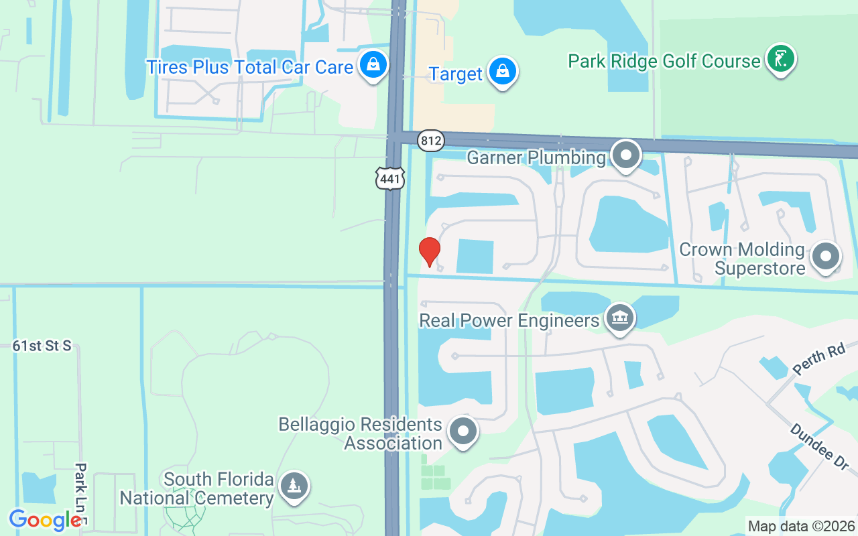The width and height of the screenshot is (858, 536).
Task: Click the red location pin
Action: (x=429, y=251)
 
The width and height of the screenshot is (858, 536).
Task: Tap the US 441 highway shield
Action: (x=389, y=178)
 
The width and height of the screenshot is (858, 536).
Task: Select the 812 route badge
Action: (x=430, y=141)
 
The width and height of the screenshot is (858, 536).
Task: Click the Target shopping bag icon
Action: (x=501, y=70)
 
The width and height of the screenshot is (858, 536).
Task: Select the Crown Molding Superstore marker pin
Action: (x=825, y=256)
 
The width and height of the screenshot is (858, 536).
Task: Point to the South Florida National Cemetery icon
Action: (x=294, y=485)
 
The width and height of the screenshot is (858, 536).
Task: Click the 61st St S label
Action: (x=42, y=346)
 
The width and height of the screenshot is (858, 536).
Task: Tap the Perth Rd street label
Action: (x=819, y=360)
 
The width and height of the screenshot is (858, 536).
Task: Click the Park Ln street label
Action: (x=80, y=492)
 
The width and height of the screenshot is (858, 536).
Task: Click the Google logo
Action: (x=45, y=520)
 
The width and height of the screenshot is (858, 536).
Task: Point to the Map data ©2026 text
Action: (x=801, y=526)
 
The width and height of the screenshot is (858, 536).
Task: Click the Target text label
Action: (x=456, y=74)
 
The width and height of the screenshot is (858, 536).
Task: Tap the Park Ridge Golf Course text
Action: (x=664, y=62)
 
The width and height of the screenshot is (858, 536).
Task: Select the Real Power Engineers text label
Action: (x=509, y=320)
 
